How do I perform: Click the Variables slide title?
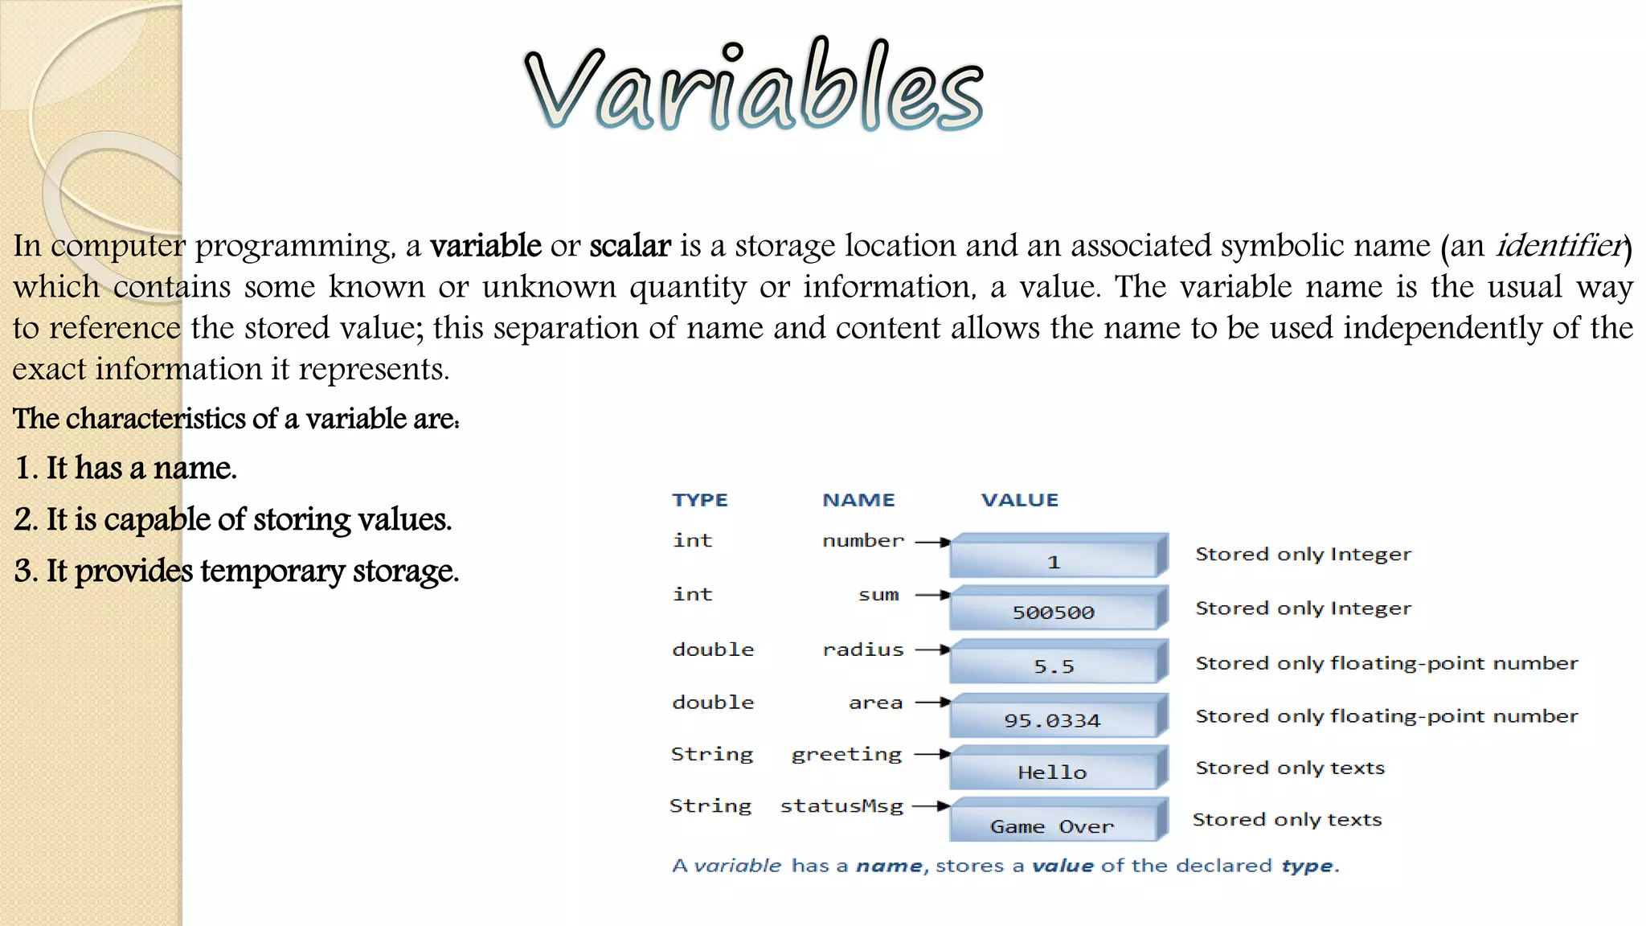coord(754,87)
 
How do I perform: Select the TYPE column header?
coord(699,500)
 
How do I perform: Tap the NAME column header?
coord(858,500)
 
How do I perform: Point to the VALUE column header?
coord(1019,500)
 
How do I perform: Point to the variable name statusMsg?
coord(841,806)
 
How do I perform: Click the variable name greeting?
coord(846,755)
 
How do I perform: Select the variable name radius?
coord(862,649)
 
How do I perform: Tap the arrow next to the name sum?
coord(932,595)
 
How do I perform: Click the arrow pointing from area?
coord(932,703)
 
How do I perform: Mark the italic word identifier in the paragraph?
coord(1561,246)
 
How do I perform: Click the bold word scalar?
coord(630,246)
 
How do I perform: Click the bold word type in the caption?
coord(1307,866)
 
